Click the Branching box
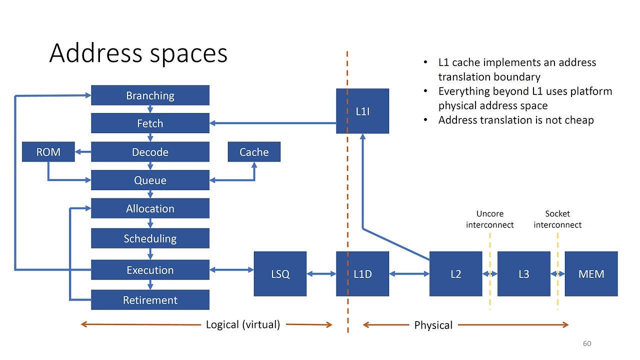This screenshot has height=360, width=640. [x=150, y=95]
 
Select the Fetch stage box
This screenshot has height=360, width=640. [x=150, y=123]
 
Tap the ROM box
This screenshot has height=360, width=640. [x=48, y=152]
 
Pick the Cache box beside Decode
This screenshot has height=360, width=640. [x=254, y=152]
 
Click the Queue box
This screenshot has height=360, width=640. [x=150, y=180]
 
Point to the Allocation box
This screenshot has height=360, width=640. [x=150, y=208]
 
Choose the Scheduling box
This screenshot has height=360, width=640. [x=150, y=238]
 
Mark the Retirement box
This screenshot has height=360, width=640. [x=150, y=300]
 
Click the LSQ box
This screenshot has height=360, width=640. [x=280, y=273]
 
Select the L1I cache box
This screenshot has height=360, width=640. [x=362, y=111]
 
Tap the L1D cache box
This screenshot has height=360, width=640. [x=362, y=273]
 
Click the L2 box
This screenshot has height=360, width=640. [x=455, y=273]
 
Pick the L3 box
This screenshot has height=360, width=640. [x=523, y=273]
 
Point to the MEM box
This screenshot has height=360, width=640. [x=591, y=273]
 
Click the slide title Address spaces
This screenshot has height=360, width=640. [x=138, y=53]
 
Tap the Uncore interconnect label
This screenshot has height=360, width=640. [x=489, y=219]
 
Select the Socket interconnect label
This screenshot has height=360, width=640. [x=557, y=219]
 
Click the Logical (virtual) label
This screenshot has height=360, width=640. [x=243, y=324]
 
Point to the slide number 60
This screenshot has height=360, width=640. [x=587, y=343]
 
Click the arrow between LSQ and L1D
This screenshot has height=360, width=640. [x=321, y=273]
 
